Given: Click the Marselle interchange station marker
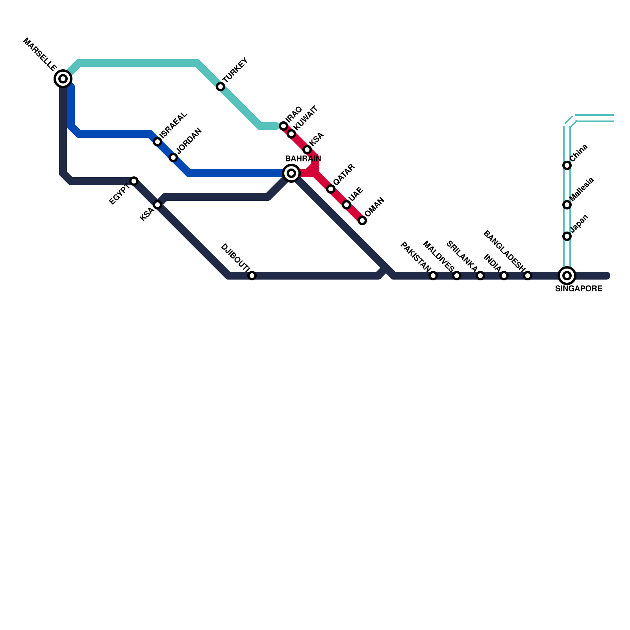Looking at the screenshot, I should pyautogui.click(x=63, y=79).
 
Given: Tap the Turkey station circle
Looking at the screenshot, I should pyautogui.click(x=220, y=87).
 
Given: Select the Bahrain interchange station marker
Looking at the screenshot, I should pyautogui.click(x=291, y=173).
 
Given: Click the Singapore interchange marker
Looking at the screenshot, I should pyautogui.click(x=567, y=276).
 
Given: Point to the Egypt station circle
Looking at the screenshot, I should pyautogui.click(x=134, y=181).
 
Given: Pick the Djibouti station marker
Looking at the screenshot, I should pyautogui.click(x=252, y=276).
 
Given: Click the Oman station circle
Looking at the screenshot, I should pyautogui.click(x=362, y=220).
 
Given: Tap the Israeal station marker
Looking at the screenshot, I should pyautogui.click(x=157, y=142).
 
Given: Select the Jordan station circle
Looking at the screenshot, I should pyautogui.click(x=173, y=157).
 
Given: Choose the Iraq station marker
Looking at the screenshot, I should pyautogui.click(x=283, y=126).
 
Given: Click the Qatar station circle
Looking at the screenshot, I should pyautogui.click(x=331, y=189).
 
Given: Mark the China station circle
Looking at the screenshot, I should pyautogui.click(x=567, y=165).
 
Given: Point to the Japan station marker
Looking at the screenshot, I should pyautogui.click(x=567, y=236).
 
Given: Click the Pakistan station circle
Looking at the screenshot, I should pyautogui.click(x=433, y=276).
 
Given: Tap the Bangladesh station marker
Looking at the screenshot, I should pyautogui.click(x=528, y=276).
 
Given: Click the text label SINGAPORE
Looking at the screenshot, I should pyautogui.click(x=578, y=289).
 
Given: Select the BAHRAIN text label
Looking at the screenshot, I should pyautogui.click(x=303, y=159).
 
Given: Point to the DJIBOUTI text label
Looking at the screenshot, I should pyautogui.click(x=235, y=258).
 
